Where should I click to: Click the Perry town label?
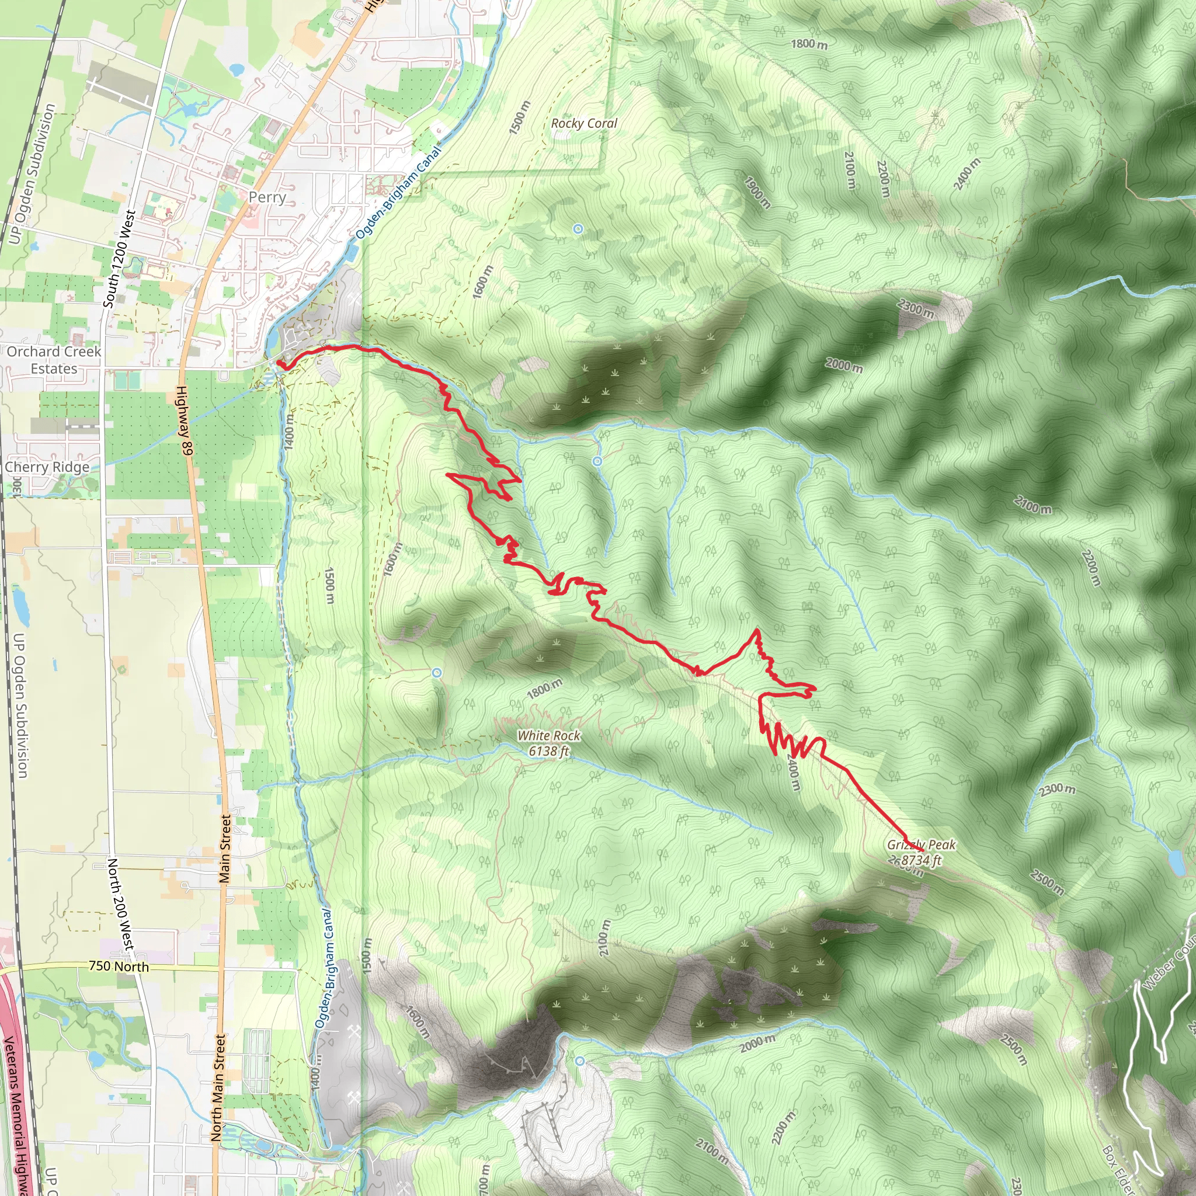(267, 197)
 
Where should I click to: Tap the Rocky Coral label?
(584, 123)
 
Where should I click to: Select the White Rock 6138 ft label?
(549, 743)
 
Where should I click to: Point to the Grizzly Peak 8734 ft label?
(921, 853)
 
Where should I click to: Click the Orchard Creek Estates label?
(54, 360)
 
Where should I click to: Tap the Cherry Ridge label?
(47, 467)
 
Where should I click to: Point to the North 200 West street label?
(121, 904)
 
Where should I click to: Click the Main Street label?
(225, 849)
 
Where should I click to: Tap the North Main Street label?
(218, 1087)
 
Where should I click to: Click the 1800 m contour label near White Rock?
(545, 689)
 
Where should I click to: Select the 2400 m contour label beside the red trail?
(794, 772)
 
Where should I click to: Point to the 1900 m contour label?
(757, 193)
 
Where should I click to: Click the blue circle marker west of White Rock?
(437, 673)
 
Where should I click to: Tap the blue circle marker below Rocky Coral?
(578, 229)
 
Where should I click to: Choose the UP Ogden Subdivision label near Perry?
(32, 174)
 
